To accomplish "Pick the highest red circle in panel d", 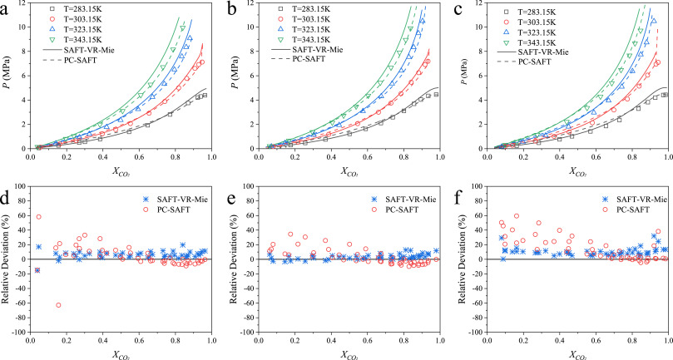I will (38, 217).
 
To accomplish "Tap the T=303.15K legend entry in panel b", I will (304, 19).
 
